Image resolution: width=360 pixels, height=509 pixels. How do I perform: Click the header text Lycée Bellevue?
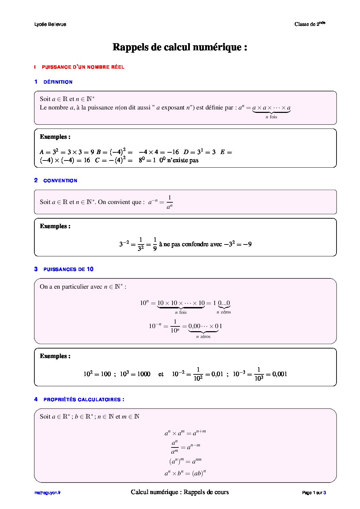click(50, 24)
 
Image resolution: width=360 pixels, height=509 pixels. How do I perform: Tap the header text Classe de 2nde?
click(310, 24)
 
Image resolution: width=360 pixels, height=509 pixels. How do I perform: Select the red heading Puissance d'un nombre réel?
click(83, 67)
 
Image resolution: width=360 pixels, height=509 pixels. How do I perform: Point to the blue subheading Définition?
click(58, 82)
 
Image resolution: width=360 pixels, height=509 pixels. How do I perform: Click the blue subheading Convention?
click(60, 181)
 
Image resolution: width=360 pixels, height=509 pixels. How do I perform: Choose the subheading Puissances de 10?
click(68, 269)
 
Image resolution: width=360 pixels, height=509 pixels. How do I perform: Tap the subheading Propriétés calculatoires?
click(84, 400)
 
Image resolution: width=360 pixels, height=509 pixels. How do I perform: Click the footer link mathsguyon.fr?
click(47, 493)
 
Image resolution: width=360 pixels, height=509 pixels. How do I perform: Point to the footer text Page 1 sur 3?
click(314, 493)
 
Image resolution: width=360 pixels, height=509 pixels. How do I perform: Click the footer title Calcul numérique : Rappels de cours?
click(180, 492)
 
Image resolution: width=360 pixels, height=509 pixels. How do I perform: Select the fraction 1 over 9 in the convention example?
click(155, 244)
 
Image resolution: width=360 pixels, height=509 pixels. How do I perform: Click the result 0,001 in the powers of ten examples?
click(280, 374)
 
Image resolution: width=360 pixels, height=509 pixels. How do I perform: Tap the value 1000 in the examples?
click(144, 374)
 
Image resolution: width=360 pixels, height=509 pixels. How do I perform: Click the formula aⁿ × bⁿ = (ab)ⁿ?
click(185, 473)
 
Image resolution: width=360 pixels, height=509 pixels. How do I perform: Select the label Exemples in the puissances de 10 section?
click(55, 356)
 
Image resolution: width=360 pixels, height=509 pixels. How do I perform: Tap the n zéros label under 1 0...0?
click(224, 312)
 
